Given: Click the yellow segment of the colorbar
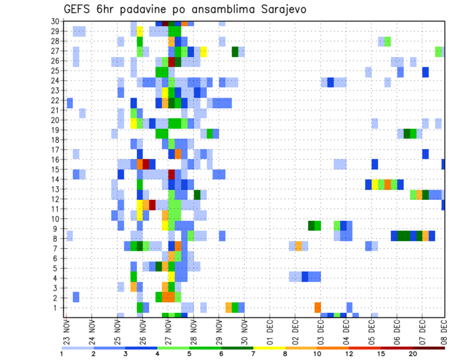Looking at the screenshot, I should tap(269, 348).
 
